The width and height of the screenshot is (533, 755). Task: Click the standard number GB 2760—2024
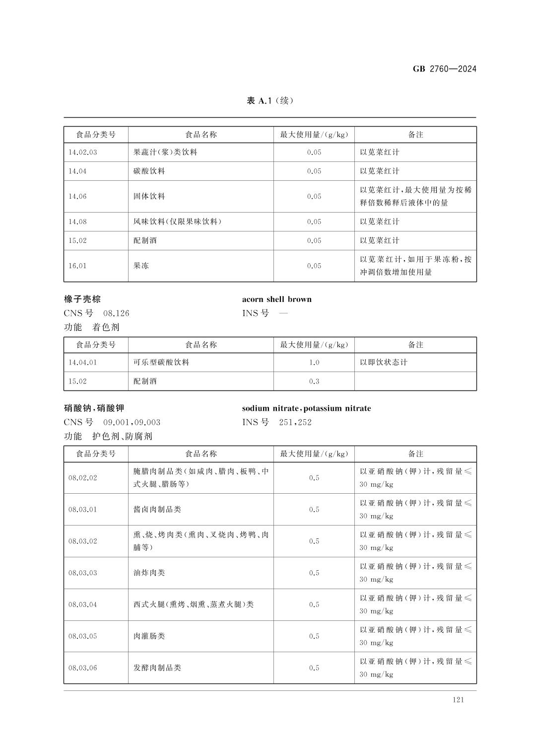(444, 69)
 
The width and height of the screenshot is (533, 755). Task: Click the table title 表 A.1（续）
(270, 101)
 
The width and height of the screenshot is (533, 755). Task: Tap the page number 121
(458, 700)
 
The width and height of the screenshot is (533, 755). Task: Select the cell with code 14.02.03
(83, 152)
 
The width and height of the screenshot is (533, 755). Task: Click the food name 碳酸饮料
(149, 171)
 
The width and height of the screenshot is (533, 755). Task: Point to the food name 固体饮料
(149, 197)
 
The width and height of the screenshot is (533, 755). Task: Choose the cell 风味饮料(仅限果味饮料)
(177, 222)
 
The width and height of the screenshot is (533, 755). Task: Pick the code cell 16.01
(77, 266)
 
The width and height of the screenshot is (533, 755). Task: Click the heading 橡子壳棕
(82, 299)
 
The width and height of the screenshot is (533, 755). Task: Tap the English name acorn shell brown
(276, 299)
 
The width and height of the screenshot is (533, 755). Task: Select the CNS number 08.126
(116, 313)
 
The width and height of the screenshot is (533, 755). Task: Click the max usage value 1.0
(314, 363)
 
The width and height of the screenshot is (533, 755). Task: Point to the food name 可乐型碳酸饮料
(161, 363)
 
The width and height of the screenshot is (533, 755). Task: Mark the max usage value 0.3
(314, 381)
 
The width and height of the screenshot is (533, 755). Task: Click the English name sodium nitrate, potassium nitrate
(306, 408)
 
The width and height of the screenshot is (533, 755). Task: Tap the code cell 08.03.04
(83, 605)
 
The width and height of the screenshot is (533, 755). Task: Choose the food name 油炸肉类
(149, 573)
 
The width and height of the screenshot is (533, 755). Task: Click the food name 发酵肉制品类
(157, 668)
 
